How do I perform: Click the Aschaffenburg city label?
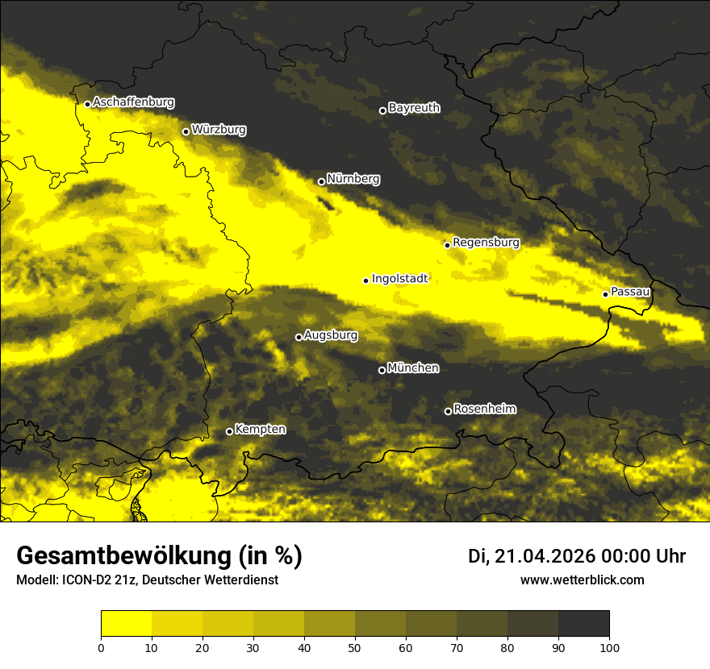tap(133, 102)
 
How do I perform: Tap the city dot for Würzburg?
tap(186, 131)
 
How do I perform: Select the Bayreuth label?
tap(414, 108)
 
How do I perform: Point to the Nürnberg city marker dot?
tap(321, 181)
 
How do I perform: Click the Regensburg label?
tap(486, 243)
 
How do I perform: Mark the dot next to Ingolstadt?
tap(365, 280)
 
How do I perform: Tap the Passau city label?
tap(630, 292)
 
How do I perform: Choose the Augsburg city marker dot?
tap(299, 337)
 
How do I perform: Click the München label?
tap(413, 368)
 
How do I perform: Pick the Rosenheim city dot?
tap(448, 412)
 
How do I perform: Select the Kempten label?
tap(260, 430)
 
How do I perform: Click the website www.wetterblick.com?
tap(582, 580)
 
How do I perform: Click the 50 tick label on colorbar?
tap(355, 646)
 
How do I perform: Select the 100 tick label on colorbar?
tap(609, 646)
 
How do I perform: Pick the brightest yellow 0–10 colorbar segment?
tap(126, 624)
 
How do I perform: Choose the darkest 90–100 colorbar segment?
tap(583, 624)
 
